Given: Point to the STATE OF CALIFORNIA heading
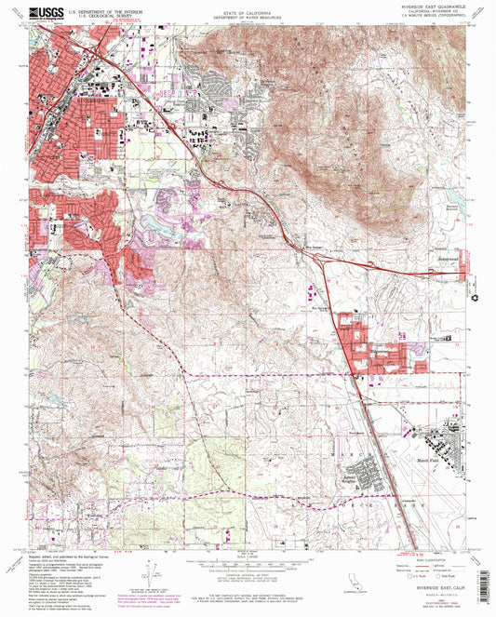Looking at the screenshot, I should [x=248, y=13].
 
